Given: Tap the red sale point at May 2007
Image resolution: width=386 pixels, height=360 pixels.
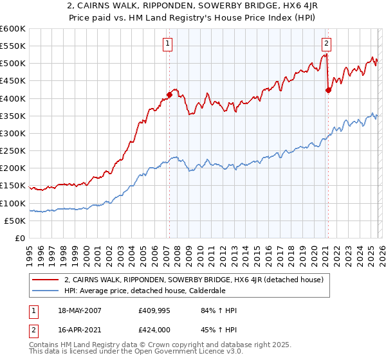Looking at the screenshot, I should point(169,94).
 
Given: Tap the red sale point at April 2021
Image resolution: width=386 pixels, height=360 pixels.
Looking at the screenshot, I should point(328,90).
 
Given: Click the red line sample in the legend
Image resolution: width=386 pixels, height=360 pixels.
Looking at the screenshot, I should point(46,280).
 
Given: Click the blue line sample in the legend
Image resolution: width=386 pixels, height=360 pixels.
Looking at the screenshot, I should point(46,291).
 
